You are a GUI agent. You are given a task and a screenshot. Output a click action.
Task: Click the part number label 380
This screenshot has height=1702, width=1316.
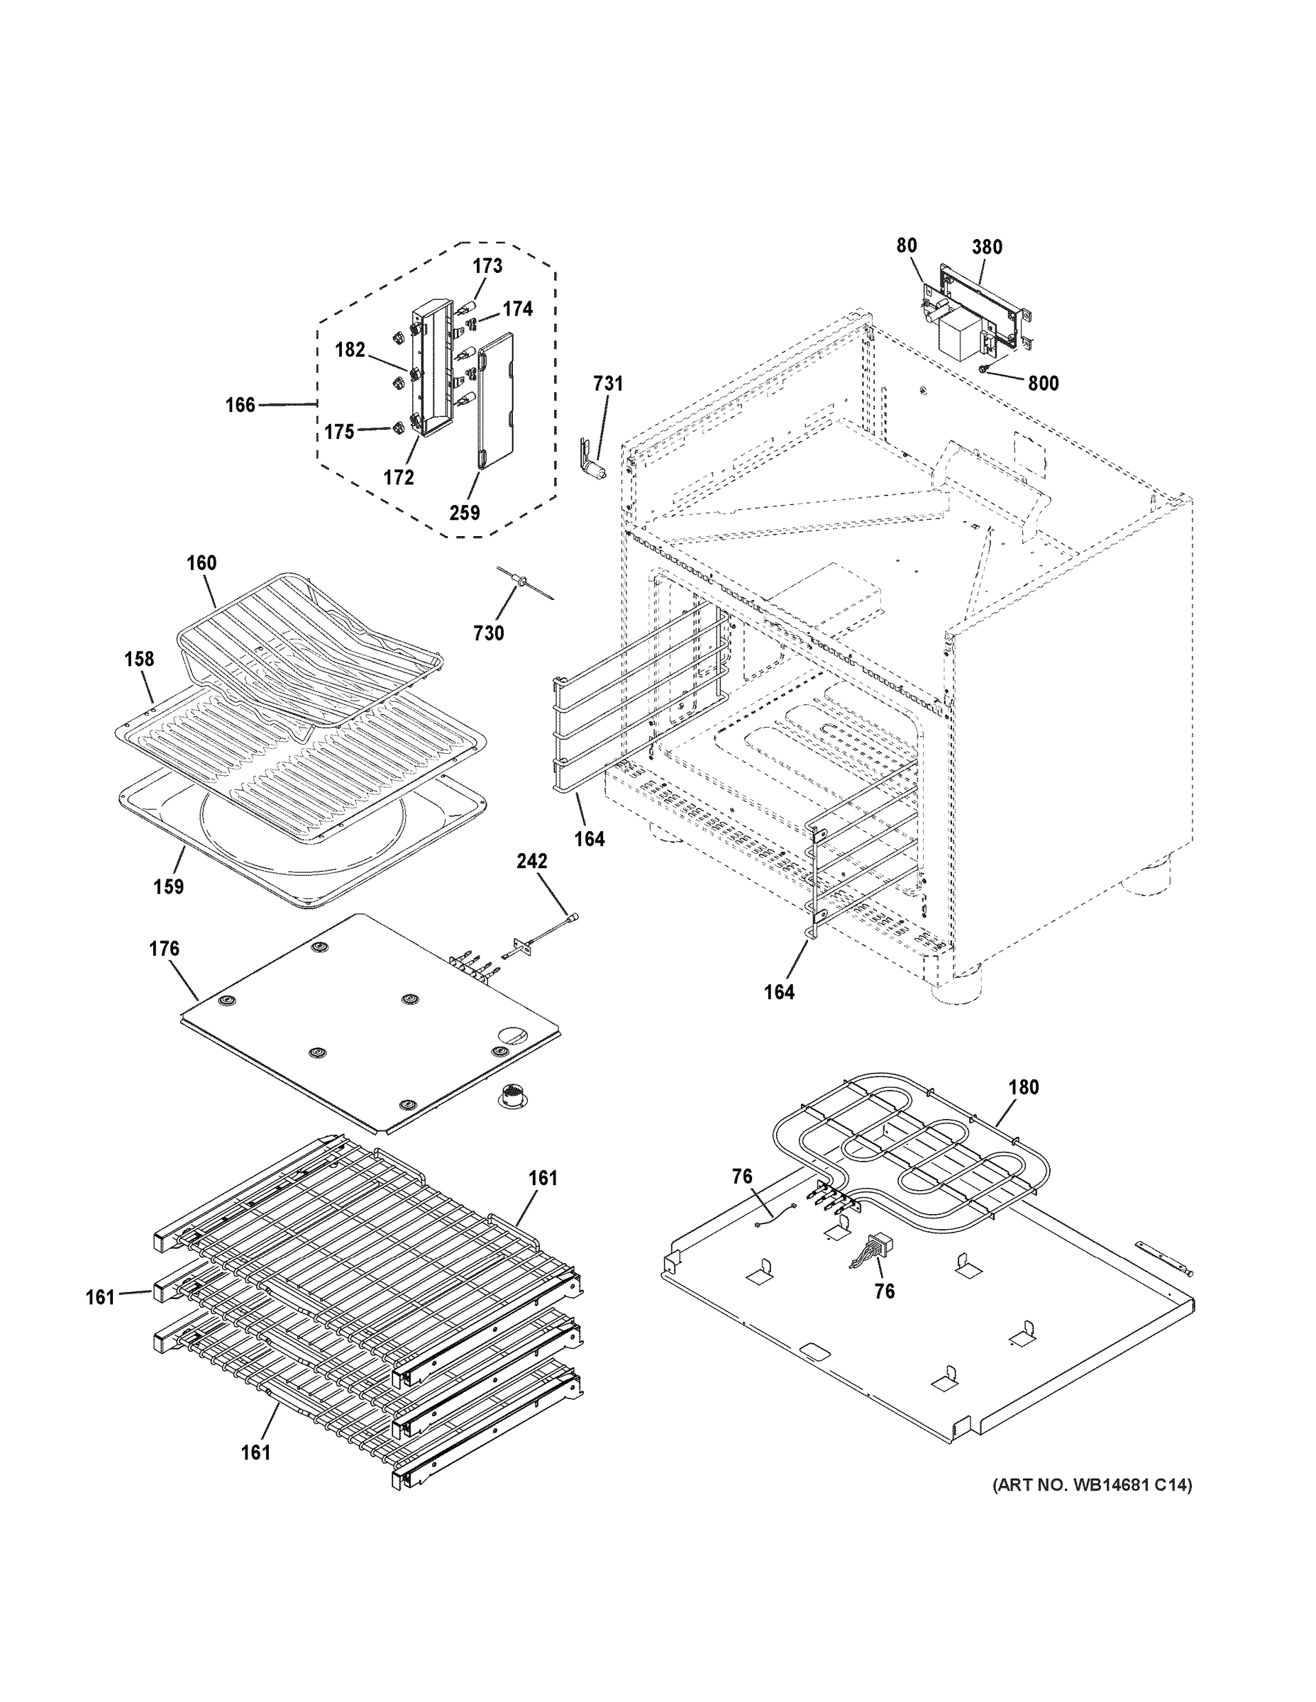tap(986, 247)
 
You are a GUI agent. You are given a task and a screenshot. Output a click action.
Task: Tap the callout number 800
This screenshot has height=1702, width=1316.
tap(1043, 384)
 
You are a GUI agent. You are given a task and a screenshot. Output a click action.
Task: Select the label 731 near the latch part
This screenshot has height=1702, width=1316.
tap(608, 384)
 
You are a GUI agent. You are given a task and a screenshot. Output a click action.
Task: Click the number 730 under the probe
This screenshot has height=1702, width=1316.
tap(489, 633)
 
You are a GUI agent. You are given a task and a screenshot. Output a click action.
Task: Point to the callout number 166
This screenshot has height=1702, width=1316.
tap(240, 405)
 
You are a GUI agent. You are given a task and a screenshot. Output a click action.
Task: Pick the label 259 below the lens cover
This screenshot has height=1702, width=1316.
tap(465, 513)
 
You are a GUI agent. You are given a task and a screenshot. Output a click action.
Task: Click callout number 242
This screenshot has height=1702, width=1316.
tap(531, 861)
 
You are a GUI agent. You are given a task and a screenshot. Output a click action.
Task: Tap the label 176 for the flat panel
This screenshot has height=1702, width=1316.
tap(164, 948)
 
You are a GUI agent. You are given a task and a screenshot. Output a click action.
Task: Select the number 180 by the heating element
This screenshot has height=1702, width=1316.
tap(1024, 1087)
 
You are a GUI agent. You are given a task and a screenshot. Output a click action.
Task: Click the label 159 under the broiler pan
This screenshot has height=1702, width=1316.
tap(168, 887)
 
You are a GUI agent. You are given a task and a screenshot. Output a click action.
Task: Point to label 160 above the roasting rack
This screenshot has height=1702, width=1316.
tap(201, 562)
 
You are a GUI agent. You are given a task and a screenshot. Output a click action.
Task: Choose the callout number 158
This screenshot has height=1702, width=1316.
tap(139, 660)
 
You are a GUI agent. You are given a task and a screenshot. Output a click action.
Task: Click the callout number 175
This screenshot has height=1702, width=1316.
tap(340, 433)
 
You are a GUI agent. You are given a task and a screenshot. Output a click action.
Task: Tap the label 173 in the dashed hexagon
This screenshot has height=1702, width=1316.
tap(487, 266)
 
